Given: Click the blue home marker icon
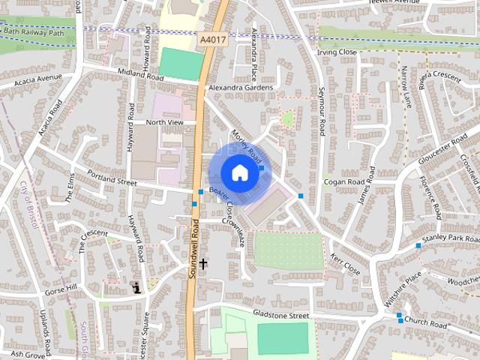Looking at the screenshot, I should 238,172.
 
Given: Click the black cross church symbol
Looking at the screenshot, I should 202,264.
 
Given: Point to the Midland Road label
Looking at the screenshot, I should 140,76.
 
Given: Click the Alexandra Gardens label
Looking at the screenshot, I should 241,88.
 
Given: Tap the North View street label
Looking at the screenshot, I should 164,122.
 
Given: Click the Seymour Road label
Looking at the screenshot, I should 321,111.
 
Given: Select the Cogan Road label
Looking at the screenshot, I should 343,181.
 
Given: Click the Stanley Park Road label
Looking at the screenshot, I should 449,238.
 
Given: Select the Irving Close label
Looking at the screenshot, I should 337,52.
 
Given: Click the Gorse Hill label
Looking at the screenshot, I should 61,289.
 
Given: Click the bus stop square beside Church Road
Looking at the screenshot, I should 399,315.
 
